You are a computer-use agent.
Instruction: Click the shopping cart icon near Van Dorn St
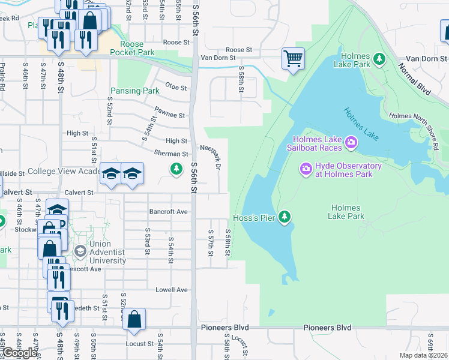(x=294, y=59)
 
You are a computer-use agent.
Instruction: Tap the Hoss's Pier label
(x=255, y=218)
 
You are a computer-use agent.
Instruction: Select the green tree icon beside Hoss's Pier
(x=286, y=217)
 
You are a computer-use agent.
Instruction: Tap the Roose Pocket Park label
(x=136, y=48)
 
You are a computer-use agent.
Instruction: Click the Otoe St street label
(x=176, y=87)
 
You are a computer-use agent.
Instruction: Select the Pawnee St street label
(x=170, y=114)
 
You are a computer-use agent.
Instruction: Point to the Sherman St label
(x=167, y=154)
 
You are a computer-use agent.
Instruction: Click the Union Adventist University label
(x=107, y=253)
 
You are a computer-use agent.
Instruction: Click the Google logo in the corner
(x=20, y=353)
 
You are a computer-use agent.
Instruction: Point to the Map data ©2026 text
(x=424, y=356)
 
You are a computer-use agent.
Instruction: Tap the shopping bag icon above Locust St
(x=134, y=321)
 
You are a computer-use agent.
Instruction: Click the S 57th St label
(x=210, y=242)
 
